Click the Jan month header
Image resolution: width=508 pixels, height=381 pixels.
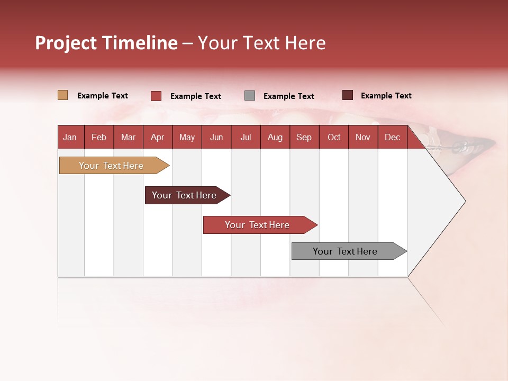(70, 137)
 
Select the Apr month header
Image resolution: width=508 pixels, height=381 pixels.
(158, 137)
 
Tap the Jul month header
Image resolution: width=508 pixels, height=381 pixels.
(246, 137)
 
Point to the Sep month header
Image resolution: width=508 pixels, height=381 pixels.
(304, 137)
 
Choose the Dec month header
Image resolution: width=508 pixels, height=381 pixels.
(392, 137)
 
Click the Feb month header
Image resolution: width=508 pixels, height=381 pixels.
(99, 137)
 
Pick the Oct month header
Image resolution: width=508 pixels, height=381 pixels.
(334, 137)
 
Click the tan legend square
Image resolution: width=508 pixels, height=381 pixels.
(62, 95)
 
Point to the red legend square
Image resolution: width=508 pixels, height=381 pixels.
(156, 96)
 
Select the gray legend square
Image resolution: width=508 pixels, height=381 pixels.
(250, 96)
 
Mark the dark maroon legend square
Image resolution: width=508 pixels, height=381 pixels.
(348, 95)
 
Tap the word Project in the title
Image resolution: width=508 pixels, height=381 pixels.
(66, 43)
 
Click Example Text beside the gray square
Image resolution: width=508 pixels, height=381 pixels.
(288, 96)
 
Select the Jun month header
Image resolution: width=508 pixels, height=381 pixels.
(216, 137)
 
